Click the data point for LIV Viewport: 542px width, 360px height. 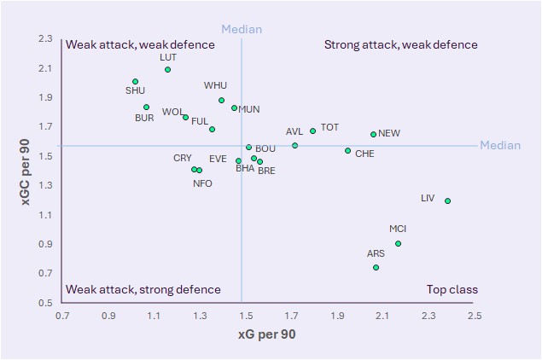[x=447, y=201]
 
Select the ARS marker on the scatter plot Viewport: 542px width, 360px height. [x=376, y=267]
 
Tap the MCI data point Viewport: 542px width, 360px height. [x=398, y=243]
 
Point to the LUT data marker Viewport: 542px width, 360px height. [x=167, y=69]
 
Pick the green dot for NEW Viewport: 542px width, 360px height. [x=373, y=134]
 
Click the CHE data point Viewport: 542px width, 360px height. [x=347, y=151]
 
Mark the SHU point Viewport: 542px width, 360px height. [x=135, y=82]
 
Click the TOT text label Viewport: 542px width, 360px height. [x=329, y=128]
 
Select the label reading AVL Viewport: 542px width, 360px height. [x=294, y=132]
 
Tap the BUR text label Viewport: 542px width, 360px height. [x=144, y=118]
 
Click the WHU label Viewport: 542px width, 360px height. [x=215, y=86]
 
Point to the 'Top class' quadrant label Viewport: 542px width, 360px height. [x=452, y=290]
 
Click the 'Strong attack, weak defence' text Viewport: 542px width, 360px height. [x=400, y=45]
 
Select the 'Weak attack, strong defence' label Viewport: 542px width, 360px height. [x=143, y=290]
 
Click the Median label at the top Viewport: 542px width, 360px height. [x=242, y=30]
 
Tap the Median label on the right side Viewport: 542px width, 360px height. [x=499, y=146]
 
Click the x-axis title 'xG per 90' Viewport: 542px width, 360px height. [x=266, y=335]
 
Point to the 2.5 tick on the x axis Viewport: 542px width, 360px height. [x=475, y=316]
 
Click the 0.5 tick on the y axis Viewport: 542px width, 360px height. [x=45, y=303]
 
